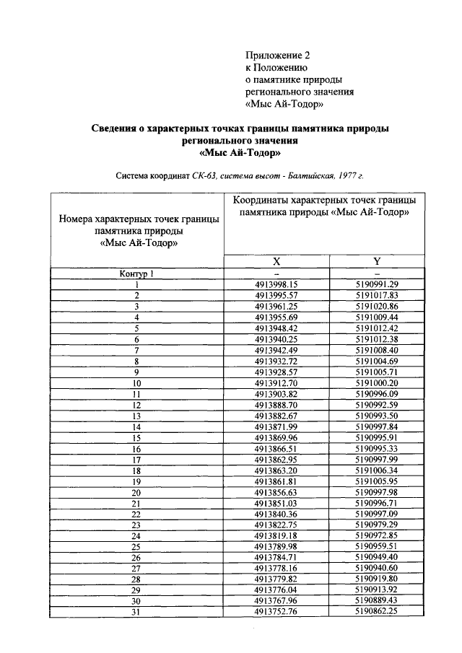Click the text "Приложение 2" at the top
click(x=277, y=55)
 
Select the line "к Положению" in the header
click(x=276, y=67)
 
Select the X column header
click(x=276, y=261)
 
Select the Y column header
click(x=377, y=261)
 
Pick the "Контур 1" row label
click(x=136, y=273)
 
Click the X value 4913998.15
click(x=276, y=284)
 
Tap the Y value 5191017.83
click(x=377, y=295)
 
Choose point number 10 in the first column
click(x=136, y=382)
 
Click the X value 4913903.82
click(x=276, y=393)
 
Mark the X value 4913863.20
click(x=276, y=470)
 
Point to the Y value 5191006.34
click(x=377, y=470)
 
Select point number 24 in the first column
click(x=136, y=535)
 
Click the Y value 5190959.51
click(x=377, y=546)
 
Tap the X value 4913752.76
click(x=276, y=612)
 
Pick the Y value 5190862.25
click(x=377, y=612)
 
